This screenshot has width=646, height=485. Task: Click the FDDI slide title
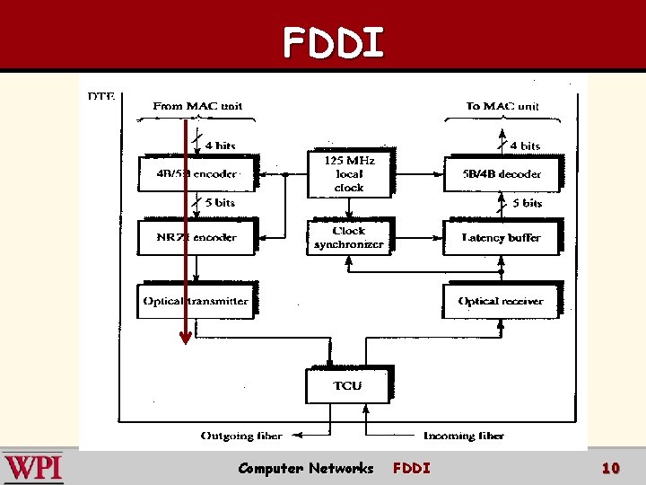pos(333,42)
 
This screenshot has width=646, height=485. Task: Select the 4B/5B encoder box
pos(196,173)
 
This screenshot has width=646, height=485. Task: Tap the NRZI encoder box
pos(196,237)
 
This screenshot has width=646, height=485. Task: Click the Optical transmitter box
pos(196,301)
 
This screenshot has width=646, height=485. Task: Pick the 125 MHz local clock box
pos(348,173)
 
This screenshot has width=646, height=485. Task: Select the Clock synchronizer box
pos(348,237)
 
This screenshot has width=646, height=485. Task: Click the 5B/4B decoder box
pos(502,173)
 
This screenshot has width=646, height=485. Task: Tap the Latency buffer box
pos(502,237)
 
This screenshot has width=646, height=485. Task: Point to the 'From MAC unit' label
pos(197,106)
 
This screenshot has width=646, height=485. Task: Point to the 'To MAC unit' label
pos(502,106)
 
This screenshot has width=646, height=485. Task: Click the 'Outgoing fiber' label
pos(241,436)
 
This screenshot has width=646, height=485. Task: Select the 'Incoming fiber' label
pos(464,436)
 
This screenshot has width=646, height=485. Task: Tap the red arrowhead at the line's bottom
pos(185,339)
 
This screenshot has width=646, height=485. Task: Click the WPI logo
pos(33,468)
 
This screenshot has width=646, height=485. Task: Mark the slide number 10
pos(610,468)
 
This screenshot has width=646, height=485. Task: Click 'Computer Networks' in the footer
pos(305,468)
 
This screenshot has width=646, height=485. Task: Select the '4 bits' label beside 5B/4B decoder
pos(525,145)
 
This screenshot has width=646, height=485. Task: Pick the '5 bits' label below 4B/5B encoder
pos(219,203)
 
